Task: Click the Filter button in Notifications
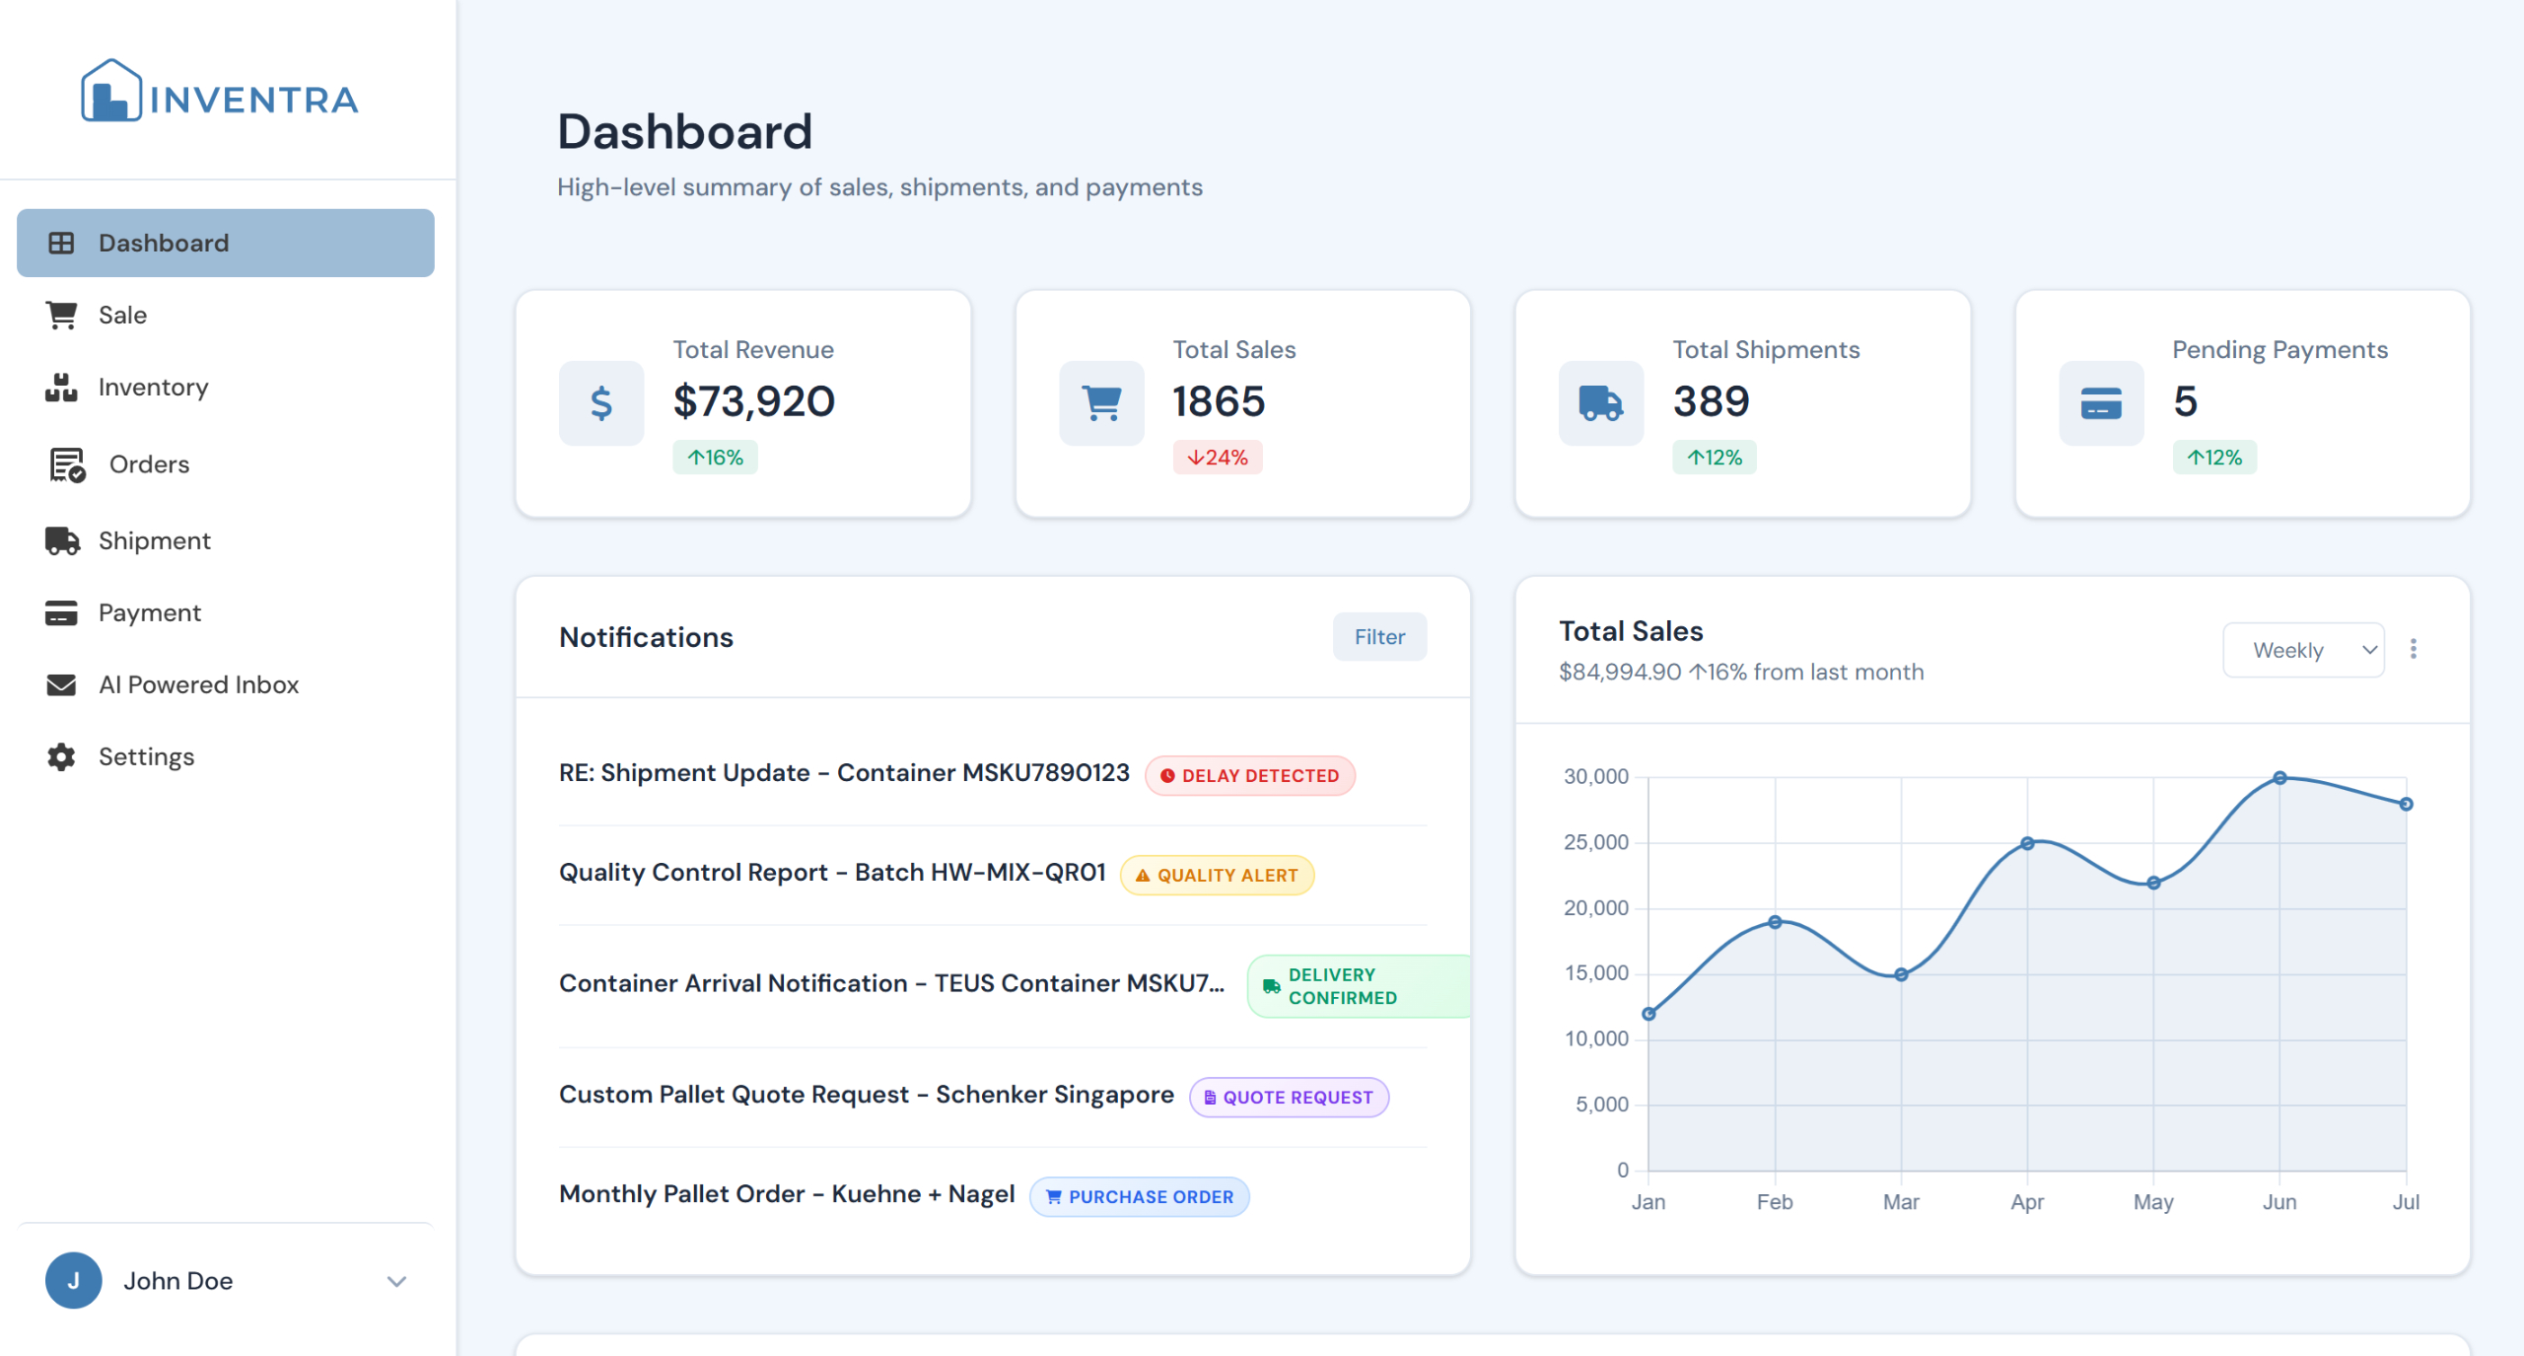(1378, 637)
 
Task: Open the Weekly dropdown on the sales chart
(2302, 650)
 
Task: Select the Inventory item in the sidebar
(153, 388)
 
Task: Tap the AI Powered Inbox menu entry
(197, 684)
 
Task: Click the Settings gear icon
(61, 756)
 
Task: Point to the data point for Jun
(2279, 778)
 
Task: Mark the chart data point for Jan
(1648, 1014)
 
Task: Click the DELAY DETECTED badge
(1249, 776)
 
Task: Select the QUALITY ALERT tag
(1217, 876)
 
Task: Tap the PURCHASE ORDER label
(1139, 1197)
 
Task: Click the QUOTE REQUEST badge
(1289, 1098)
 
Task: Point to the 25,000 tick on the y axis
(1596, 842)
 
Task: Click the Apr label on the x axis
(2027, 1202)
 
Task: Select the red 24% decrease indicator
(1218, 458)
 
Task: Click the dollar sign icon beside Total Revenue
(601, 403)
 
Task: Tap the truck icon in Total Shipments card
(1600, 403)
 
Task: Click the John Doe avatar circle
(74, 1280)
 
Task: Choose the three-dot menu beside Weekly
(2413, 649)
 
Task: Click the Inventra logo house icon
(110, 92)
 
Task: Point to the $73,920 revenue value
(753, 401)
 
